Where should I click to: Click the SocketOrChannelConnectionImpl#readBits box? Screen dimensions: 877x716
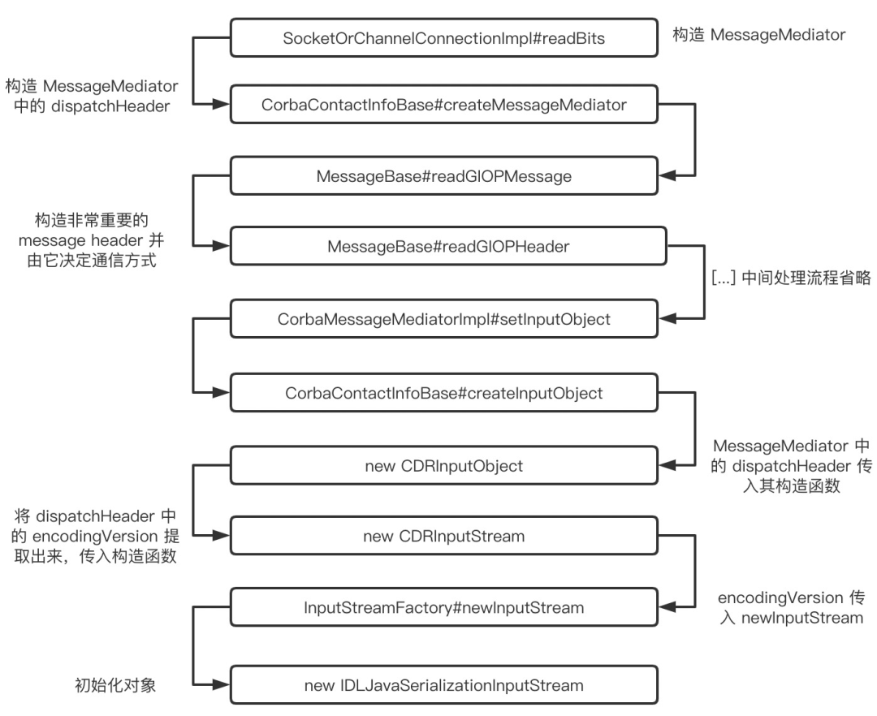tap(443, 38)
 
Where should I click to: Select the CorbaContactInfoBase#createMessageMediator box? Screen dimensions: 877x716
tap(443, 105)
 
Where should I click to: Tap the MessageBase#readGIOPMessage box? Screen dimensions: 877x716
tap(443, 176)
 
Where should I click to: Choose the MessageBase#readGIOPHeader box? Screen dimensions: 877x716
tap(448, 246)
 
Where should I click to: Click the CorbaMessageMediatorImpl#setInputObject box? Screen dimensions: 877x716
tap(443, 318)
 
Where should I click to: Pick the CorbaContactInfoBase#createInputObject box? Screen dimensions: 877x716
tap(443, 393)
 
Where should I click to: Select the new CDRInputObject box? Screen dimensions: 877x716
tap(443, 466)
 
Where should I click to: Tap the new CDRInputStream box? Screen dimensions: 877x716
tap(443, 536)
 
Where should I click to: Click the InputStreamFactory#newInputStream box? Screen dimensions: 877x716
tap(443, 607)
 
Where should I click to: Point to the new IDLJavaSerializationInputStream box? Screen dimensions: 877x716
tap(443, 685)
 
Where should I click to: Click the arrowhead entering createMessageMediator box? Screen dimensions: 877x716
tap(221, 104)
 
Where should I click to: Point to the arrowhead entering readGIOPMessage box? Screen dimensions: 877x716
tap(667, 175)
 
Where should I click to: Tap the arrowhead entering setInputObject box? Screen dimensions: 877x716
tap(667, 318)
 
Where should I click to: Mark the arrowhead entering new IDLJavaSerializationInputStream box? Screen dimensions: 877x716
tap(221, 684)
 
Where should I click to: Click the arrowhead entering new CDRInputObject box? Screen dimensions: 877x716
tap(667, 465)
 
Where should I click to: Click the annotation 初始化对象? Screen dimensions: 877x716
tap(115, 685)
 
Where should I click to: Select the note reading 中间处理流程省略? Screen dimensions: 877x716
tap(806, 278)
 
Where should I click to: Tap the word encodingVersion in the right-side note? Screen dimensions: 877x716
tap(780, 598)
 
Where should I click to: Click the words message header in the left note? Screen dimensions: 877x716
tap(80, 240)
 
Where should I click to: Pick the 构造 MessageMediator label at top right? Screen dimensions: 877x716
tap(759, 35)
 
